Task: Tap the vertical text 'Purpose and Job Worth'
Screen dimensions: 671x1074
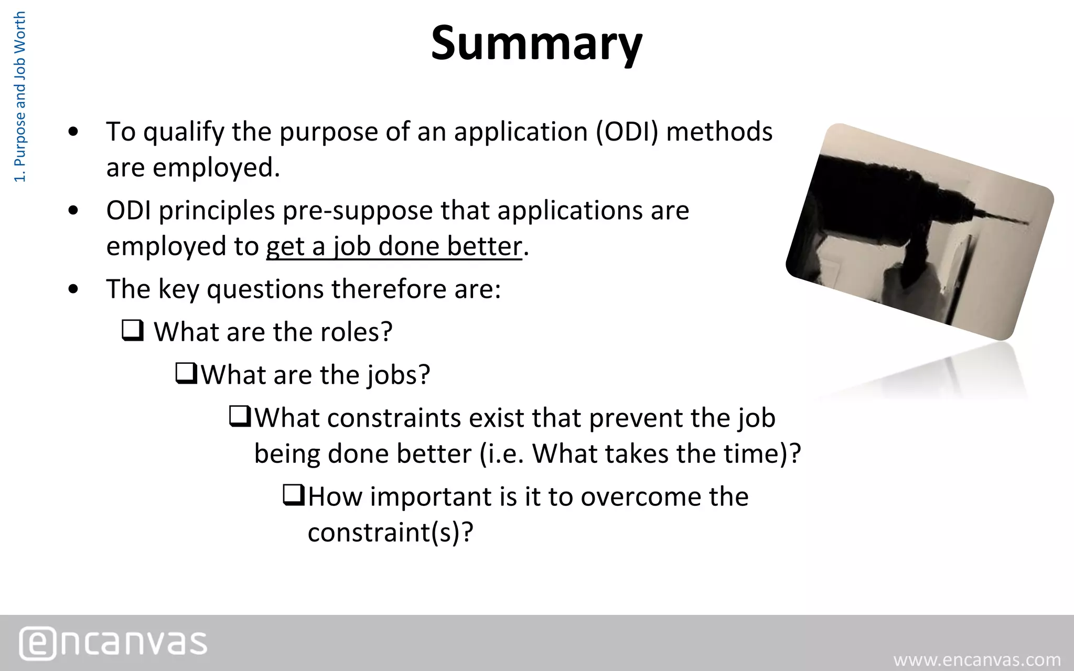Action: (19, 97)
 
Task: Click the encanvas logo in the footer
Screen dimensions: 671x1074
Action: (113, 643)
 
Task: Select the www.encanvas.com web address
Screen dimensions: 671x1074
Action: (977, 659)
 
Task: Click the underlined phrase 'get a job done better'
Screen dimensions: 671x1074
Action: (394, 246)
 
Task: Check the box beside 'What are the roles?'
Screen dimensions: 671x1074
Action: (133, 331)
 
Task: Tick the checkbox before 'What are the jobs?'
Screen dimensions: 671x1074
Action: (186, 374)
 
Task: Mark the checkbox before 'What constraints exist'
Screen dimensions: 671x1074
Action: (240, 417)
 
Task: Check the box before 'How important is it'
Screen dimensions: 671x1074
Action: (294, 495)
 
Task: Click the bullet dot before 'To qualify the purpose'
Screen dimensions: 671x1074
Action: (73, 132)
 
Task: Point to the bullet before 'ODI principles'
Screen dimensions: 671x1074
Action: (73, 211)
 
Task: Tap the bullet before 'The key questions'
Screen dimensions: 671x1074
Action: (73, 289)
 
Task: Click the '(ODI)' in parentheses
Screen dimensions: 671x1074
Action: (627, 132)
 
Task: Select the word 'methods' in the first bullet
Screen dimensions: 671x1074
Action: (719, 132)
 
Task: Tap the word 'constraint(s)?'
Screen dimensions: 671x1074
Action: (390, 533)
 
